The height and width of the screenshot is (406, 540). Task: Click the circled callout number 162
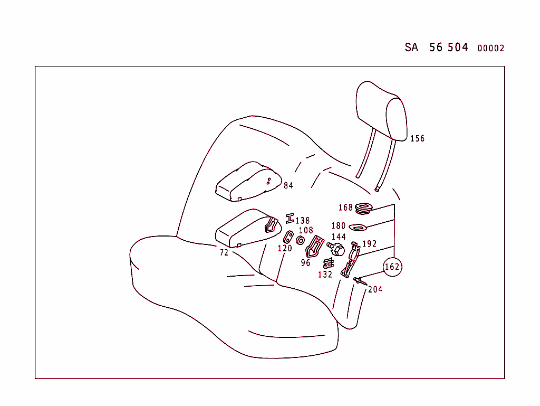pyautogui.click(x=392, y=267)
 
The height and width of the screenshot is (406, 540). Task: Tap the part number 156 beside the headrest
pyautogui.click(x=417, y=138)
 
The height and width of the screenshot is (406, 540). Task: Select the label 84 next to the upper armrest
pyautogui.click(x=288, y=185)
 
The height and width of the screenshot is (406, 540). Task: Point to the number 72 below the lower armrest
pyautogui.click(x=224, y=253)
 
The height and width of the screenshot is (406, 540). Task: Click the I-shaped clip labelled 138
pyautogui.click(x=290, y=219)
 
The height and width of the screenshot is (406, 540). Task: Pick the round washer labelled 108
pyautogui.click(x=300, y=241)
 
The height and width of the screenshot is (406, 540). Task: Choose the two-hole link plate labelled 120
pyautogui.click(x=288, y=237)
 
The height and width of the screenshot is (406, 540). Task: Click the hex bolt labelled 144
pyautogui.click(x=336, y=248)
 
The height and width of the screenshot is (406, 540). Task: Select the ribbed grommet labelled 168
pyautogui.click(x=362, y=208)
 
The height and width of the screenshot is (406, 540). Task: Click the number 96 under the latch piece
pyautogui.click(x=306, y=262)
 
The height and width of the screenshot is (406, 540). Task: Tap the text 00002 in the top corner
pyautogui.click(x=490, y=48)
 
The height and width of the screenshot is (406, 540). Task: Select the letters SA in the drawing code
pyautogui.click(x=411, y=47)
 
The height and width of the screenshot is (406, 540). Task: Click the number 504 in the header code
pyautogui.click(x=458, y=47)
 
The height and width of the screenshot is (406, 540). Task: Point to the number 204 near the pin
pyautogui.click(x=375, y=289)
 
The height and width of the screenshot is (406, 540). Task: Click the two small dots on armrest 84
pyautogui.click(x=268, y=181)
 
